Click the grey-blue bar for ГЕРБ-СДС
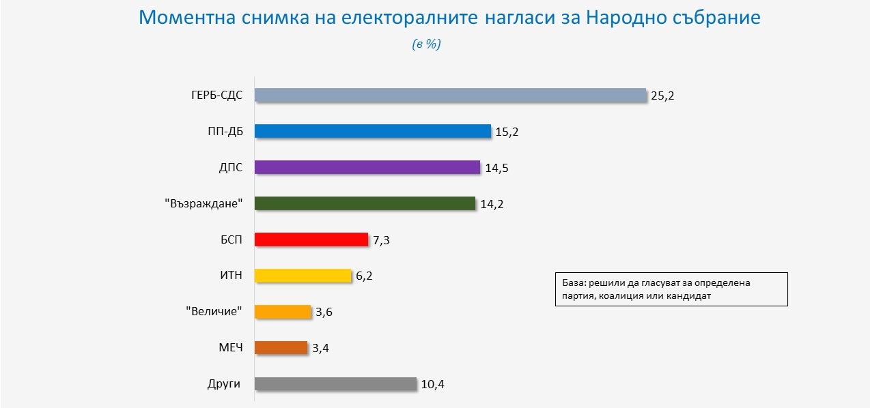[x=450, y=96]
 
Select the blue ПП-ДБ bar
[x=373, y=131]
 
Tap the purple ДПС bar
[x=367, y=167]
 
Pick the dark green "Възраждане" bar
[x=365, y=203]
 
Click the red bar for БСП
[x=311, y=239]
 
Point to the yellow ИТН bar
[x=303, y=276]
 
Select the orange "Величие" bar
[x=283, y=312]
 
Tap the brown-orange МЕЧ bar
[x=281, y=347]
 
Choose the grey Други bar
[x=335, y=383]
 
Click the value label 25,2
[x=662, y=96]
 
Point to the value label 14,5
[x=496, y=168]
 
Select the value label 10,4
[x=433, y=385]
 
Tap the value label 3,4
[x=321, y=349]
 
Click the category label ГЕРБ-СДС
[x=217, y=96]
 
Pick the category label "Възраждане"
[x=204, y=203]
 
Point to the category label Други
[x=224, y=383]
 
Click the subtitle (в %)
[x=427, y=44]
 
